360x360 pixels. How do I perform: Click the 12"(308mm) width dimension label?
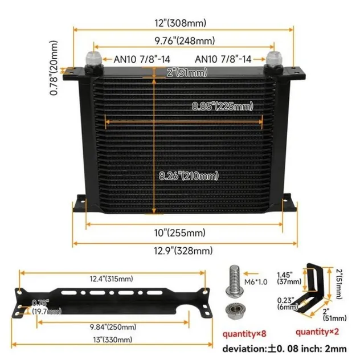click(180, 23)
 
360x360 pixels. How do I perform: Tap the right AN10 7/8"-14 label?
click(224, 59)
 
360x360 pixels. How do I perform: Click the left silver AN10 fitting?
click(93, 59)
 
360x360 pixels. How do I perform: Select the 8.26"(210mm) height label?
click(188, 176)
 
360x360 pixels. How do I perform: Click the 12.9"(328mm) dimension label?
click(180, 250)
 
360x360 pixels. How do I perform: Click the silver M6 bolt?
click(234, 282)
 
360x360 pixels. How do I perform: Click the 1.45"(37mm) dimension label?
click(287, 277)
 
